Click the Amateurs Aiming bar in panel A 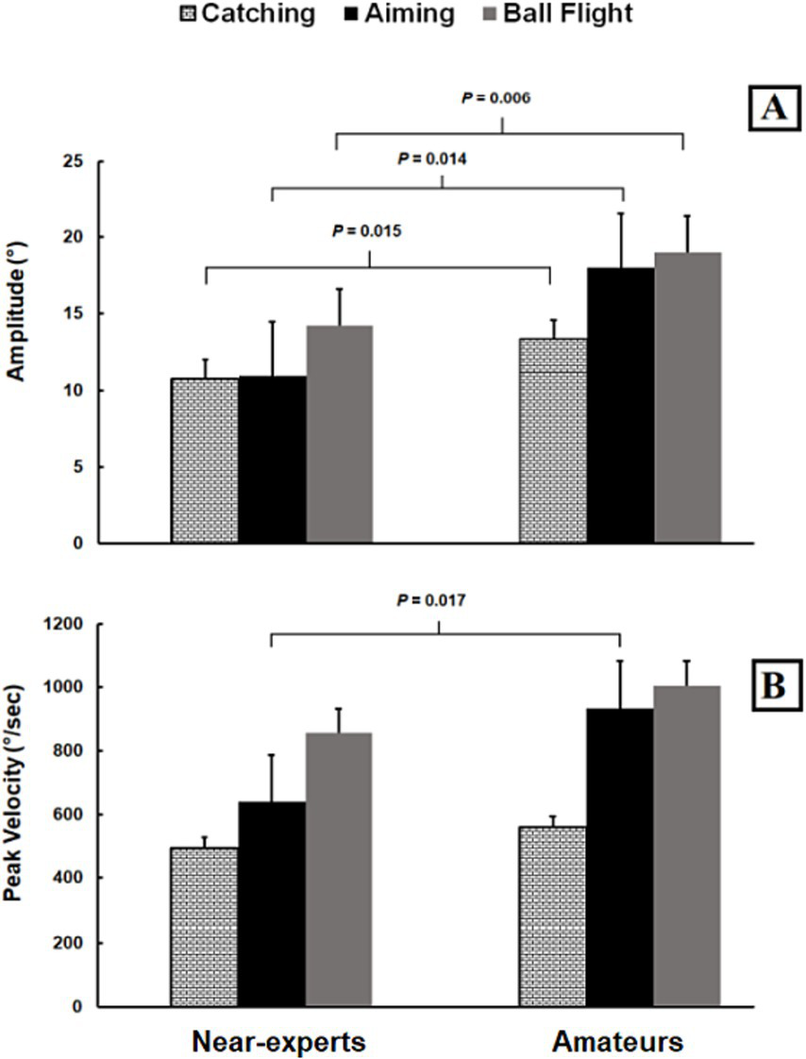pos(620,406)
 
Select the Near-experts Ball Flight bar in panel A pos(339,434)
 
